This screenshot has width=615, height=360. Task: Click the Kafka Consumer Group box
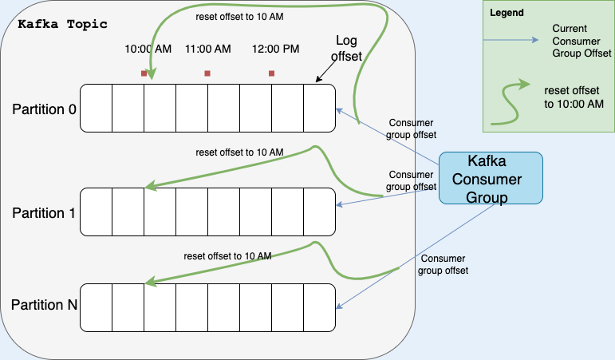click(491, 179)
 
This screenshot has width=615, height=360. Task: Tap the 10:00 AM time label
click(148, 49)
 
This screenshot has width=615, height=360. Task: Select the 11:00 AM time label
click(207, 49)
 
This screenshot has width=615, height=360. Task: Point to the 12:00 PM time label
click(276, 49)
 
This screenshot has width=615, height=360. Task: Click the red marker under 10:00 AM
click(144, 73)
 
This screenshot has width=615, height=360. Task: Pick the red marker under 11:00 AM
click(207, 73)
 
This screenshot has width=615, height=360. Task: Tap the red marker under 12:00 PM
click(271, 73)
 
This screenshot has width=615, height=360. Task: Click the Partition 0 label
click(44, 109)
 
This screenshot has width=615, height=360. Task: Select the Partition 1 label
click(44, 213)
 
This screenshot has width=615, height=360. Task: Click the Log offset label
click(349, 48)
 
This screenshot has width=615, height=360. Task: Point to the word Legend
click(507, 14)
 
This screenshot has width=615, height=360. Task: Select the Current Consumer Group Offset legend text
click(581, 41)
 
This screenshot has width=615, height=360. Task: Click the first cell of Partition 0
click(96, 107)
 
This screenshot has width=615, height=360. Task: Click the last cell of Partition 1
click(319, 212)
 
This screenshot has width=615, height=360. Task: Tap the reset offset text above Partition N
click(227, 256)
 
